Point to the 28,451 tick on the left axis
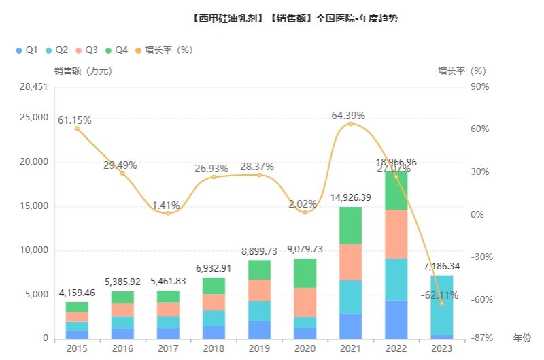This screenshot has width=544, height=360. pos(34,86)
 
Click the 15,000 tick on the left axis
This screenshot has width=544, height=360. pos(34,206)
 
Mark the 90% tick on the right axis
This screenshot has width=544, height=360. pos(480,86)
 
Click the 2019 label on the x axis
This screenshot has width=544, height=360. pos(259,348)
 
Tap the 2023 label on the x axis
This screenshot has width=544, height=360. pos(441,348)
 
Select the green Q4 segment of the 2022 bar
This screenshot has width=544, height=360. pos(396,191)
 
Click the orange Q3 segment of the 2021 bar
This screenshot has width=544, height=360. pos(350,262)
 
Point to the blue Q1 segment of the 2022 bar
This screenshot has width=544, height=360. pos(396,319)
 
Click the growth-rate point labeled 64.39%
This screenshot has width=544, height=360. pos(350,124)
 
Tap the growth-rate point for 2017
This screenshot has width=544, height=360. pos(168,213)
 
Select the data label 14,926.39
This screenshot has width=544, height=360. pos(351,197)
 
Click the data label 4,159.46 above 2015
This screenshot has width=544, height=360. pos(77,293)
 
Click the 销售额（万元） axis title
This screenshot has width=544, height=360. pos(83,70)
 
